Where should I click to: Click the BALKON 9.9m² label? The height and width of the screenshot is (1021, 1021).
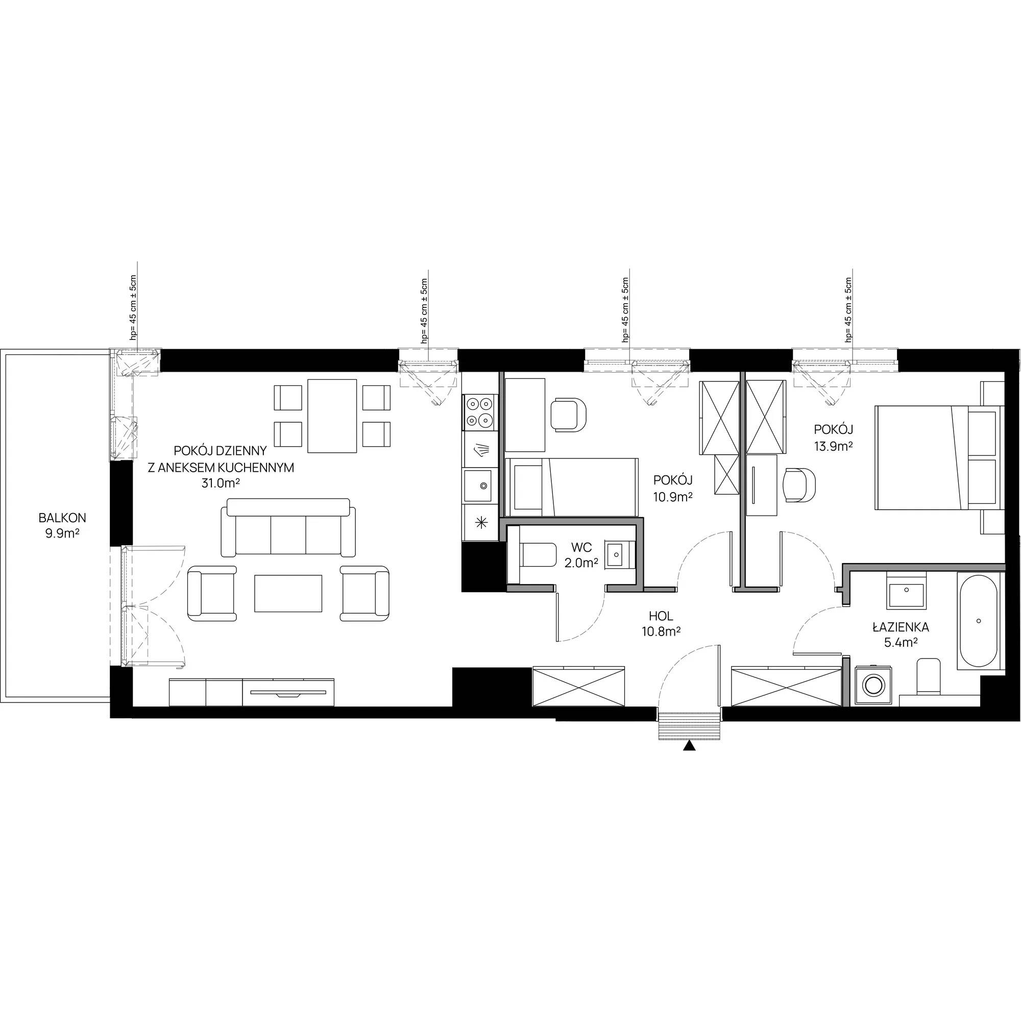tap(62, 525)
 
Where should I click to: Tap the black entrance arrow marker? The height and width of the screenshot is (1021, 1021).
tap(689, 746)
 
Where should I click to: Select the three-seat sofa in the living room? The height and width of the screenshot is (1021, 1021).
tap(288, 527)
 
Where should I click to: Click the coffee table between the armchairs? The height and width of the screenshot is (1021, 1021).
tap(288, 594)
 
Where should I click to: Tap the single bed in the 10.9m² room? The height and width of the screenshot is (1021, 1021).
tap(572, 487)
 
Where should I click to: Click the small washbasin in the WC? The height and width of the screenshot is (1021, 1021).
tap(618, 554)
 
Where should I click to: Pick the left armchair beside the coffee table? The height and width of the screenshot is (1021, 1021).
tap(212, 593)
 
